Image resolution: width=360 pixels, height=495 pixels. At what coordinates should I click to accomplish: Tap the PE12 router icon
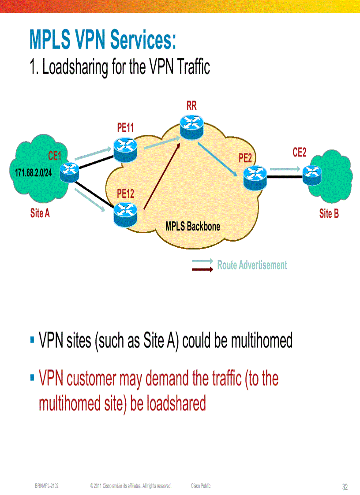click(125, 213)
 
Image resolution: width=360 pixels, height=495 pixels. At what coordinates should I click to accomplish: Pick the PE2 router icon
click(255, 177)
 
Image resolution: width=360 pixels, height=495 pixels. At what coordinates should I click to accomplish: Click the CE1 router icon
click(69, 172)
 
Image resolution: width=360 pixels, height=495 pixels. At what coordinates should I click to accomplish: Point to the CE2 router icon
click(311, 173)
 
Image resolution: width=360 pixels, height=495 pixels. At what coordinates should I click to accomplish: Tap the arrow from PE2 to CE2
click(285, 169)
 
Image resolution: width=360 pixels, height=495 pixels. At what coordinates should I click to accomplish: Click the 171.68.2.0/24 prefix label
click(34, 172)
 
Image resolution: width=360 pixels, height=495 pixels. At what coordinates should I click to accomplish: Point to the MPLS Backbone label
click(193, 227)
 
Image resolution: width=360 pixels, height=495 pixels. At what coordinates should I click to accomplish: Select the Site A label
click(40, 214)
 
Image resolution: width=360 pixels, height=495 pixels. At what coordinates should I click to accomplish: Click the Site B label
click(329, 214)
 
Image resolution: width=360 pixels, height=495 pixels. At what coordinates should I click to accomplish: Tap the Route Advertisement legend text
click(252, 265)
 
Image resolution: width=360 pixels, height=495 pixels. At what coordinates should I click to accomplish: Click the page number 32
click(345, 487)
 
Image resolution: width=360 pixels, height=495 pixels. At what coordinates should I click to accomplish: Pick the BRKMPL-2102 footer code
click(47, 486)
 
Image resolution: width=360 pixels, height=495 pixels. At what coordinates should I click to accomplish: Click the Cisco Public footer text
click(201, 486)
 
